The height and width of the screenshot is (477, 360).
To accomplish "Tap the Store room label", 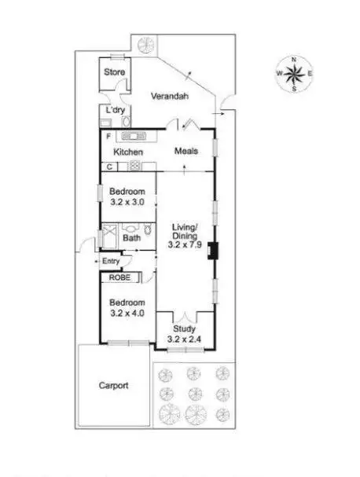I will click(116, 72).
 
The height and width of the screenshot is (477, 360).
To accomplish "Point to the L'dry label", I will click(116, 109).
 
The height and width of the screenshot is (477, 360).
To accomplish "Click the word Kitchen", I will click(129, 151).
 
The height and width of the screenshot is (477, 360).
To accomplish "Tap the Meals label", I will click(186, 151).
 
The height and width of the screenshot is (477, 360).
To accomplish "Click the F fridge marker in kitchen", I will click(109, 136).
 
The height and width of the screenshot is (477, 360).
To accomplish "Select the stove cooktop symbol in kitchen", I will click(134, 166).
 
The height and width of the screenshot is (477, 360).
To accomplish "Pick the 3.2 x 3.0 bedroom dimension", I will click(127, 202).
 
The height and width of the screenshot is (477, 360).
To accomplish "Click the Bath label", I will click(131, 236).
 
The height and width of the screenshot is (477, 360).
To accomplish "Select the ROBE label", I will click(119, 277).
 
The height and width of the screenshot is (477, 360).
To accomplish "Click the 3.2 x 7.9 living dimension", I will click(186, 245).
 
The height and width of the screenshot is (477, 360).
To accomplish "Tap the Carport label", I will click(113, 385).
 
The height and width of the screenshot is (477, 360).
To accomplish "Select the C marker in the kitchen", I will click(110, 166).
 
